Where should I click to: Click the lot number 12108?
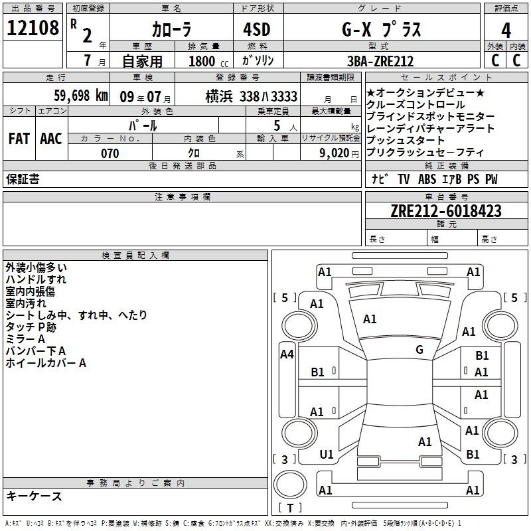33,28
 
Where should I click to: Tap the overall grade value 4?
506,30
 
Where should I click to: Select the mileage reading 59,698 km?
81,96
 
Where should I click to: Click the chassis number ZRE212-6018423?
446,211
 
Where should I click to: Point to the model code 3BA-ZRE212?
380,61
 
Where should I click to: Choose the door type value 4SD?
257,29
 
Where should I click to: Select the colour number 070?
110,153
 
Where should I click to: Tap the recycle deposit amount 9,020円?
339,153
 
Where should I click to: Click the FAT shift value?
19,139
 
